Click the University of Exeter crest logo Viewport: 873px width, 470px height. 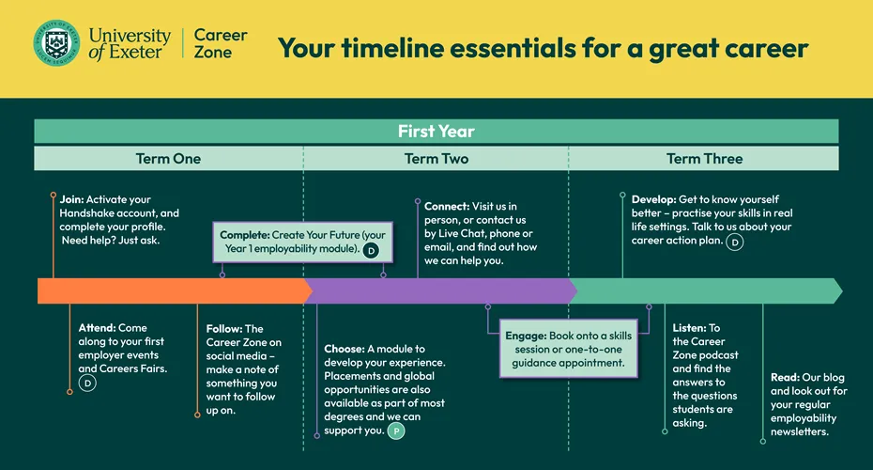coord(56,43)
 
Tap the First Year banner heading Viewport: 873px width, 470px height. coord(436,131)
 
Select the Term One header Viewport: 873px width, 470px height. coord(168,158)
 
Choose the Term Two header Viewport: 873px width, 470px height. coord(436,158)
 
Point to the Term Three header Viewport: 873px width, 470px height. coord(704,158)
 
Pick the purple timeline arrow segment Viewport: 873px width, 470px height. coord(441,290)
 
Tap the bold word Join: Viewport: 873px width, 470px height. coord(72,199)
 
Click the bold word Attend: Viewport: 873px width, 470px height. coord(97,328)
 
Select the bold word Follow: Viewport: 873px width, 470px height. coord(223,329)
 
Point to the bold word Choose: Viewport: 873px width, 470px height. coord(345,349)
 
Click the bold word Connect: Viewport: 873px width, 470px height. coord(447,206)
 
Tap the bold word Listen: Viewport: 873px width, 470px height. coord(689,328)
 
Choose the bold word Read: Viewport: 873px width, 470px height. coord(785,378)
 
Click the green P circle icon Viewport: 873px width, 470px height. coord(396,431)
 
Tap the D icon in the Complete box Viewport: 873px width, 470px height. coord(371,251)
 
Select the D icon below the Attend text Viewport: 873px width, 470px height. coord(87,383)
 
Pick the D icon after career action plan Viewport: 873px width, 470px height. coord(735,242)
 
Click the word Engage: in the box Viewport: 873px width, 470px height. coord(526,336)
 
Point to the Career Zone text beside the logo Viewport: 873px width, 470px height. coord(221,43)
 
